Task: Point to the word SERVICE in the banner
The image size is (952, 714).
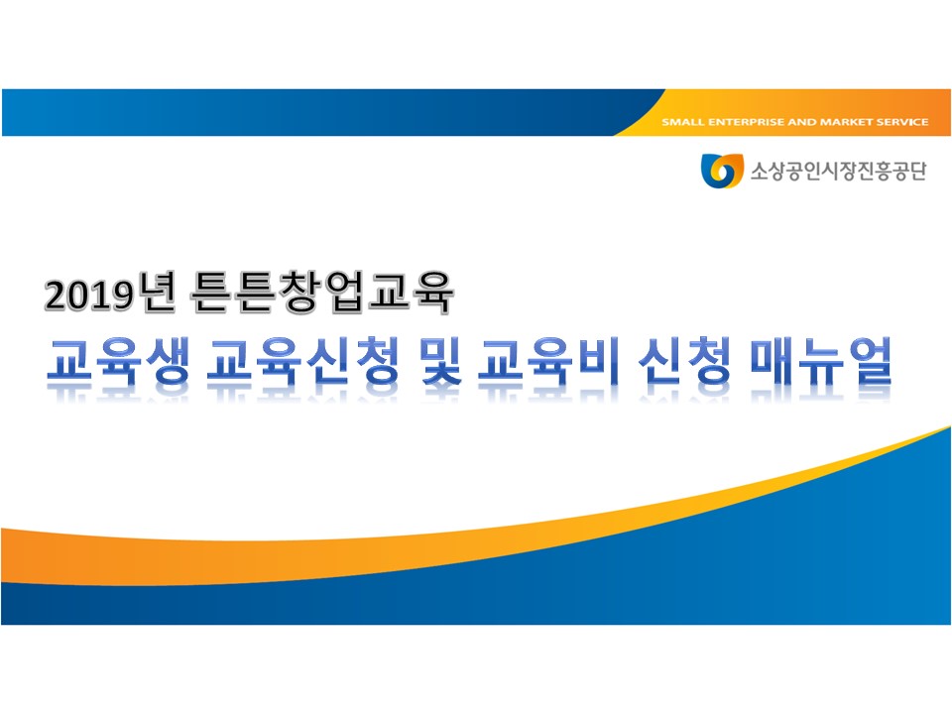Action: pos(901,122)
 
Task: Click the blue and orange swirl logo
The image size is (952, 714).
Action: pos(722,171)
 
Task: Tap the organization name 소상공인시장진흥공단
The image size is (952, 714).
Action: pos(839,172)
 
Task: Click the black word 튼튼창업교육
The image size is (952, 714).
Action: pos(321,292)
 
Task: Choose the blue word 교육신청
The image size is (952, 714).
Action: pos(303,361)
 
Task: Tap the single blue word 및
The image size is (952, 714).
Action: pos(441,361)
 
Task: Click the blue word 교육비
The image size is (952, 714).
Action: pos(548,361)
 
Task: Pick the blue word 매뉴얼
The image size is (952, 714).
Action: pos(821,361)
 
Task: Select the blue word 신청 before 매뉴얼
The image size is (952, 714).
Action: pos(685,361)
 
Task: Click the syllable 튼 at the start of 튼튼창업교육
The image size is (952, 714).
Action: pos(211,292)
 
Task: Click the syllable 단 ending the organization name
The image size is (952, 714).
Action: pos(916,172)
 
